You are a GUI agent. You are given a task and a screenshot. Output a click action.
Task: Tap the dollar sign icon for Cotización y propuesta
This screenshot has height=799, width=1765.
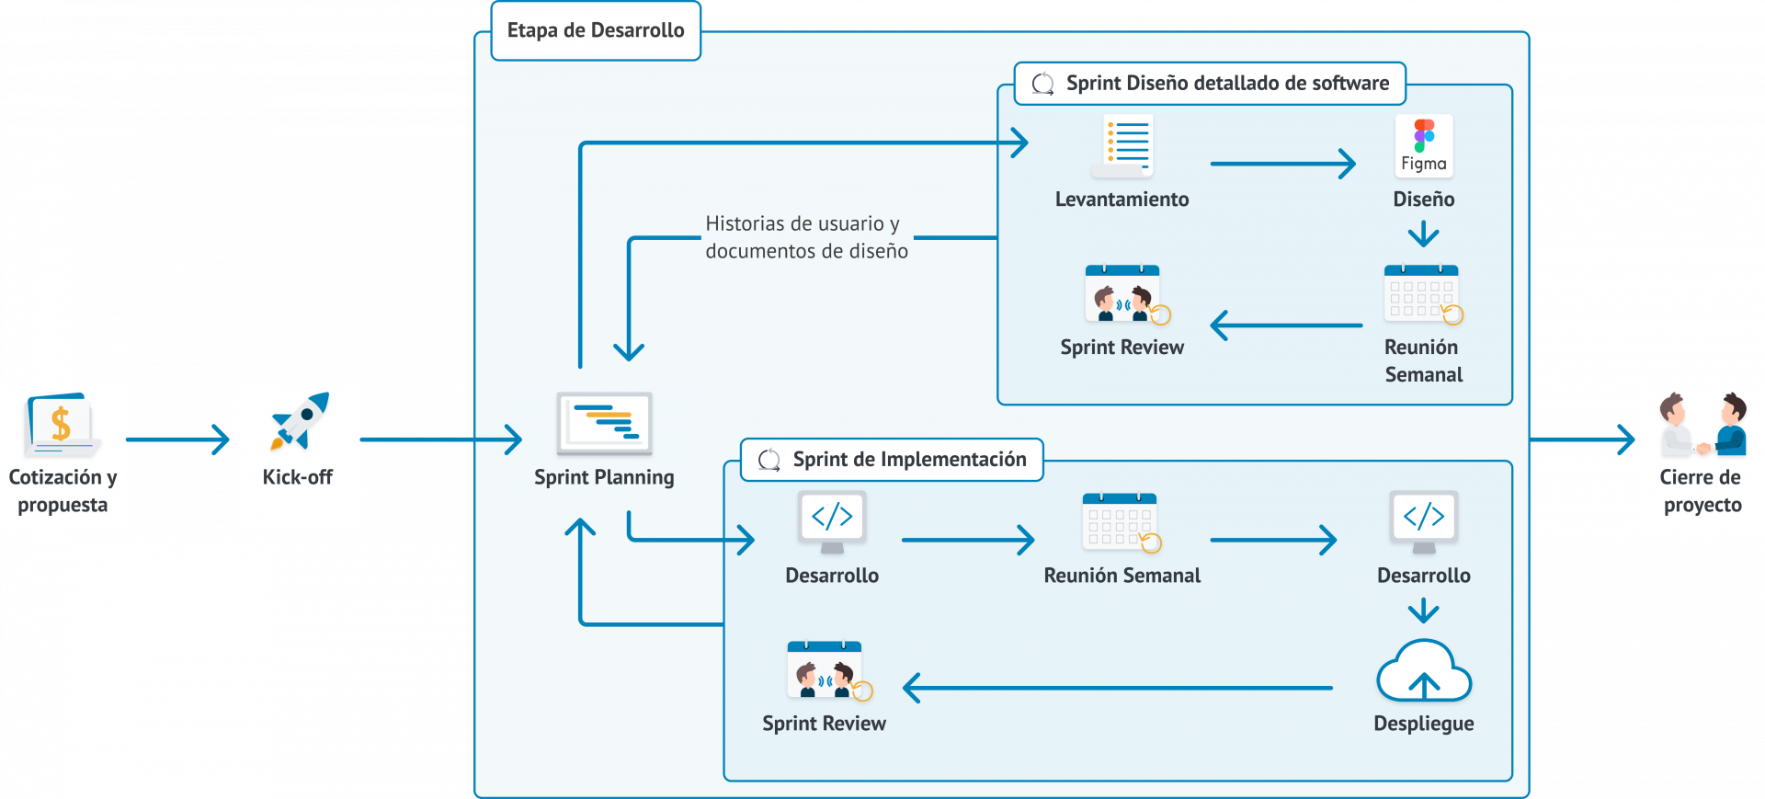tap(61, 424)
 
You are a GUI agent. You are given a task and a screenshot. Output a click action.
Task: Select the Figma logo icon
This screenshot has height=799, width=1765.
tap(1424, 145)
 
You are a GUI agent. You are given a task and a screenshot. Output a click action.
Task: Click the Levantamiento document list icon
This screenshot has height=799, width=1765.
tap(1123, 145)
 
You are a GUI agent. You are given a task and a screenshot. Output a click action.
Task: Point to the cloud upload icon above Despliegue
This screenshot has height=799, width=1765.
tap(1424, 675)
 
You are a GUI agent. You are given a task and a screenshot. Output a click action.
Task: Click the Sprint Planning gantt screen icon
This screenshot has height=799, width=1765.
tap(604, 423)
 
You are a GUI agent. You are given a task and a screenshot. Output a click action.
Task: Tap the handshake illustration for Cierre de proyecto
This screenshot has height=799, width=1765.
tap(1702, 425)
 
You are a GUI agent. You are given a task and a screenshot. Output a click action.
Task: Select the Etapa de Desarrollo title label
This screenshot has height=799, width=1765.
tap(596, 30)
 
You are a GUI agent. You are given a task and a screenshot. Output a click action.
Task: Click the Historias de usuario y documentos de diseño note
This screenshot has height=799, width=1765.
tap(806, 237)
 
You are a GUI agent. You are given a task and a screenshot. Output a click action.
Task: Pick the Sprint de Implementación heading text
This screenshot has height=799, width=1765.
tap(909, 460)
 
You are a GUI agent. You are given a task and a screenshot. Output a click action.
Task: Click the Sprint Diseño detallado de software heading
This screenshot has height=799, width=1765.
tap(1227, 84)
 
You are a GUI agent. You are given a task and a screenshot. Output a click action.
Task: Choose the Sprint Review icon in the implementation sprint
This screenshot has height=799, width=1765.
tap(828, 672)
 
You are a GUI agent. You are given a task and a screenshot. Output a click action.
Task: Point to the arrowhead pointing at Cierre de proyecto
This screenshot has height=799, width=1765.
tap(1626, 439)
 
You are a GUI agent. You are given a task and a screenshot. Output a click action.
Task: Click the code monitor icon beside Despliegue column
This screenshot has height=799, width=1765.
tap(1424, 520)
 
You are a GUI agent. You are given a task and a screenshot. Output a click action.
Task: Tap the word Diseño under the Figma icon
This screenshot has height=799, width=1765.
tap(1423, 200)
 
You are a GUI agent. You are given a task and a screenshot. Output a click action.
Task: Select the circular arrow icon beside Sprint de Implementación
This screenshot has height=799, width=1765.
tap(769, 460)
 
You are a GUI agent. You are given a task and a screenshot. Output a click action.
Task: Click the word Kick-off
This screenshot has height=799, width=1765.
tap(297, 477)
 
